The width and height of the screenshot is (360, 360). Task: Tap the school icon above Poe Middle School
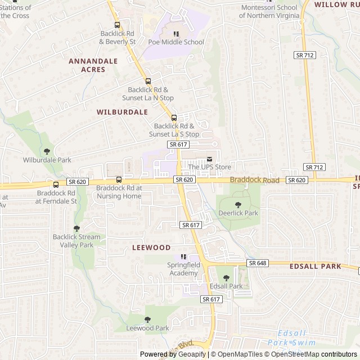pyautogui.click(x=176, y=34)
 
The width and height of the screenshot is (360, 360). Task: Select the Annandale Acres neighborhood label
pyautogui.click(x=93, y=65)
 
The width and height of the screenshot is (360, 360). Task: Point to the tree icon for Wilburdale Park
pyautogui.click(x=47, y=151)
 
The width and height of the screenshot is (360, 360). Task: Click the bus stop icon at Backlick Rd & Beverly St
pyautogui.click(x=118, y=25)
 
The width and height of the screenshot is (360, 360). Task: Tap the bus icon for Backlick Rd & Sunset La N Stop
pyautogui.click(x=148, y=81)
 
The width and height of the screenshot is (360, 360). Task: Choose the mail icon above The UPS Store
pyautogui.click(x=210, y=159)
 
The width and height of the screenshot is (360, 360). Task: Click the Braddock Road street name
pyautogui.click(x=254, y=180)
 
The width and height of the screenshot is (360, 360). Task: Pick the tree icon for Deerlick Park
pyautogui.click(x=238, y=205)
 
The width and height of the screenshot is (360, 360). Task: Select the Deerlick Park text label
pyautogui.click(x=238, y=213)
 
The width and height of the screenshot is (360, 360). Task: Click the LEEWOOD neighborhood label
pyautogui.click(x=151, y=247)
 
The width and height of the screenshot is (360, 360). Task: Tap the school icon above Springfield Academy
pyautogui.click(x=183, y=256)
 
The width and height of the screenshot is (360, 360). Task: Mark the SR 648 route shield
pyautogui.click(x=256, y=263)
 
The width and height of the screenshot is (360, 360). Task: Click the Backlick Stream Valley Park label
pyautogui.click(x=76, y=241)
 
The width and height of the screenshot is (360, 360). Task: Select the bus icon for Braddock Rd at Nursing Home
pyautogui.click(x=119, y=179)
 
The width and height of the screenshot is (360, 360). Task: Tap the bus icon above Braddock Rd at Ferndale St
pyautogui.click(x=56, y=184)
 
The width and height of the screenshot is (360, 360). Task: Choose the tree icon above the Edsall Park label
pyautogui.click(x=226, y=278)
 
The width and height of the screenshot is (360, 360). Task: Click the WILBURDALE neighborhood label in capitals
pyautogui.click(x=122, y=112)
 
